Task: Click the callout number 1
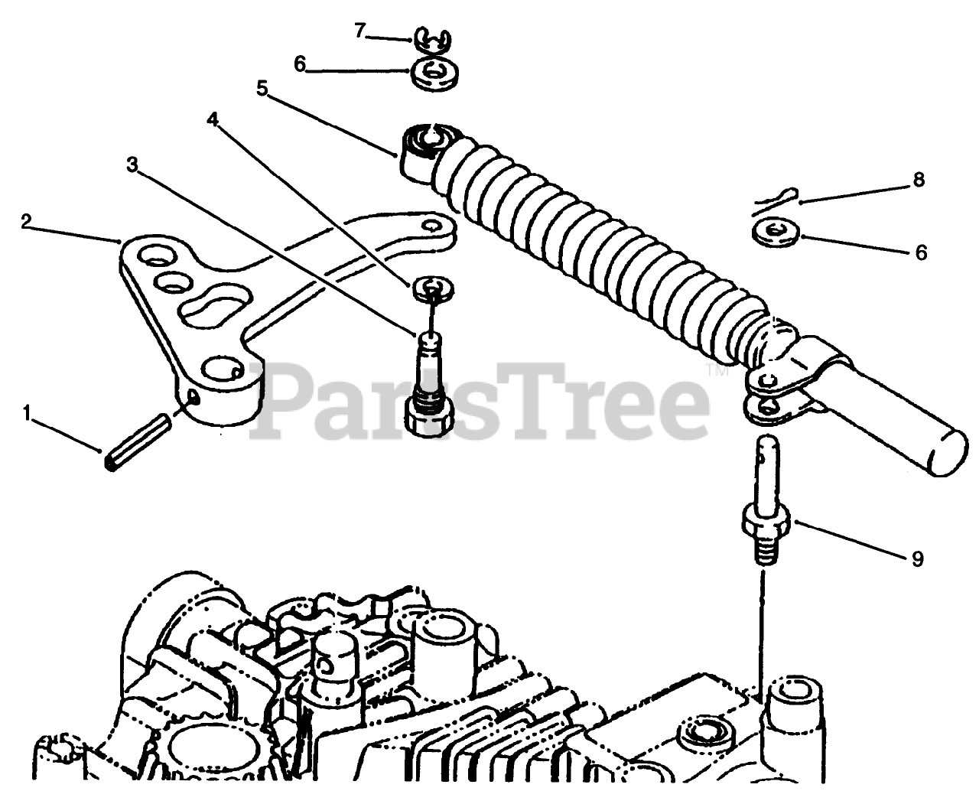coord(28,414)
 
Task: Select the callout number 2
coord(27,222)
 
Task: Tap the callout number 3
coord(132,164)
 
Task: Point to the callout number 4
coord(213,120)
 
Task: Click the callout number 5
coord(262,88)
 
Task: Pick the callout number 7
coord(360,31)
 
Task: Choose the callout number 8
coord(919,180)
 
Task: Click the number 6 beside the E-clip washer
coord(300,64)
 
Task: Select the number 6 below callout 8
coord(921,252)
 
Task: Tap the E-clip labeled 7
coord(431,41)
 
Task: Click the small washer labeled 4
coord(433,288)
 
